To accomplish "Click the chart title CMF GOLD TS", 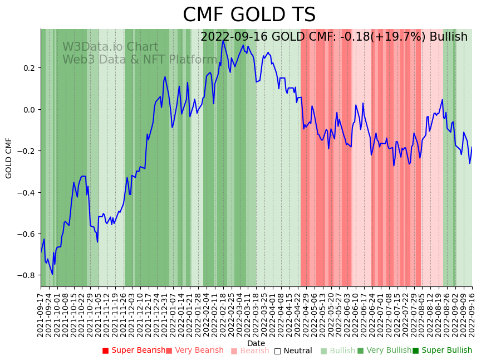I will coord(249,15).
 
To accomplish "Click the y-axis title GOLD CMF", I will coord(9,158).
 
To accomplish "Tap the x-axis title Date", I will coord(256,343).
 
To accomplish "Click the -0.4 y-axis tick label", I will coord(26,193).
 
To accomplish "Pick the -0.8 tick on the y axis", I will coord(26,275).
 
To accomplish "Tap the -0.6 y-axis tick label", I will coord(26,234).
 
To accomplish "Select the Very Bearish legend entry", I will coord(199,351).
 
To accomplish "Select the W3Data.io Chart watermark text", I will coord(110,47).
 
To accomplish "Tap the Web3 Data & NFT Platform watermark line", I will coord(140,60).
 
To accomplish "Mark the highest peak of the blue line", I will coord(224,40).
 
